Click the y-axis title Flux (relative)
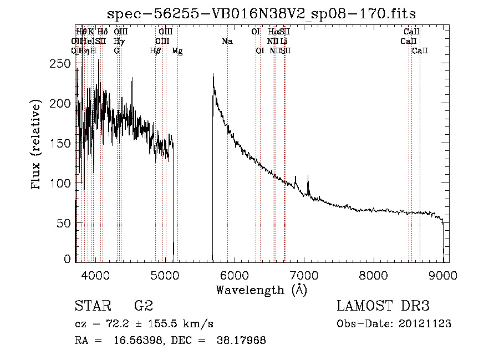[37, 145]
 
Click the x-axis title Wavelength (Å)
[261, 290]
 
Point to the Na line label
[227, 41]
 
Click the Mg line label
[177, 51]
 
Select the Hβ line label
[156, 51]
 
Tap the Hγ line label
[119, 41]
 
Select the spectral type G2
[143, 307]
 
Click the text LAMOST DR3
[383, 307]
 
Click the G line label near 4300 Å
[116, 51]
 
